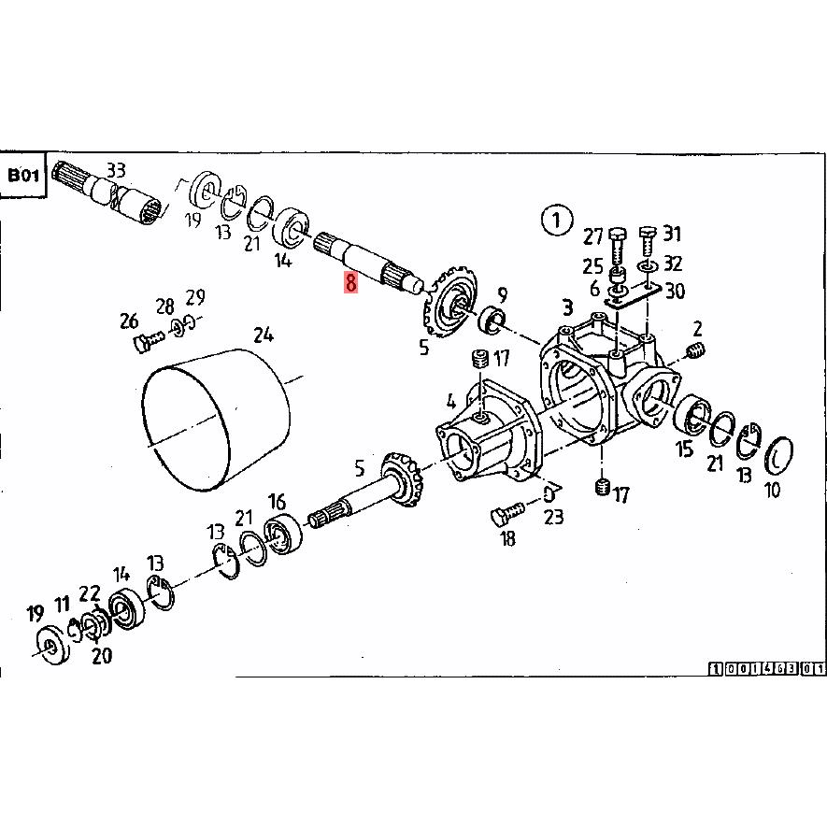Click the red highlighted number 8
[350, 282]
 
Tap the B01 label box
[23, 175]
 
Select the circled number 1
[556, 220]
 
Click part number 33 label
[116, 170]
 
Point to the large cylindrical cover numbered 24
[216, 420]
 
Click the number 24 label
[264, 335]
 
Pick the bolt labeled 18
[506, 513]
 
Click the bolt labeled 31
[649, 241]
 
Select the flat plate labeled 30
[634, 296]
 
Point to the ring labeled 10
[778, 456]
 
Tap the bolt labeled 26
[150, 340]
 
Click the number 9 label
[502, 295]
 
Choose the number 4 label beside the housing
[451, 402]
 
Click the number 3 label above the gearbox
[567, 307]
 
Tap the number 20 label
[101, 655]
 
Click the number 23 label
[553, 517]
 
